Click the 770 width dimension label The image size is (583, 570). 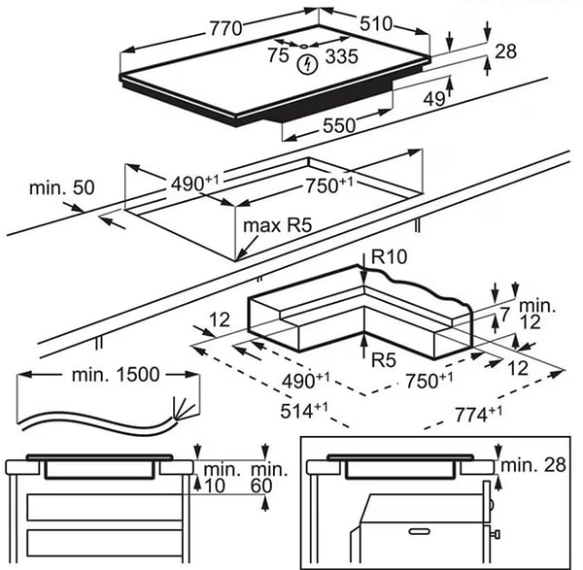click(225, 28)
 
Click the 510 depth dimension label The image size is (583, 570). click(376, 23)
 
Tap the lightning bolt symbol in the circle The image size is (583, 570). click(307, 65)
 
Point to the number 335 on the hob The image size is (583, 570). click(342, 56)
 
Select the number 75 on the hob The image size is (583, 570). click(279, 55)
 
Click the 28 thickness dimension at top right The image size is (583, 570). click(505, 51)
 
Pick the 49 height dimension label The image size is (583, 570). click(434, 99)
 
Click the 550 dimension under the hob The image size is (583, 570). click(339, 125)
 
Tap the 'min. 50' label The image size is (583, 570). click(62, 187)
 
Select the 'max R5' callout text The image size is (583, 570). click(277, 225)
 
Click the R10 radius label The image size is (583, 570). click(390, 256)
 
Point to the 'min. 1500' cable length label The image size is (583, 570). click(116, 375)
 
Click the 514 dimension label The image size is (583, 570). click(304, 411)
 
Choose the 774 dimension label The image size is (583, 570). click(478, 415)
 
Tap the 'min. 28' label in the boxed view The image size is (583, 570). click(533, 465)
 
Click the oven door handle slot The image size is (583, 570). click(420, 531)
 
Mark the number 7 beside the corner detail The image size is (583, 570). click(504, 315)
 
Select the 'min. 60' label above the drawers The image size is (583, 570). click(269, 478)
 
